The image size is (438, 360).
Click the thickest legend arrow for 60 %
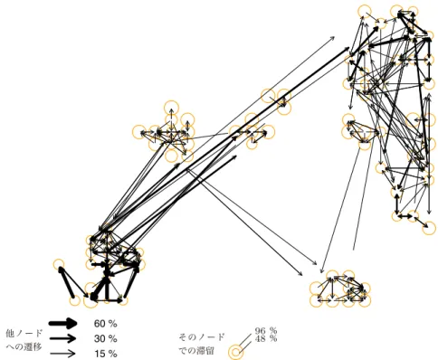(63, 324)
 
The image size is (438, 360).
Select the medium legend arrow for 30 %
(62, 338)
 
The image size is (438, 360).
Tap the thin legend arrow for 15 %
(62, 354)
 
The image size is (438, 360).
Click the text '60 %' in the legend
(105, 324)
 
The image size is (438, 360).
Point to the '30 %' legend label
(105, 338)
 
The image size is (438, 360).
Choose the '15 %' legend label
(105, 354)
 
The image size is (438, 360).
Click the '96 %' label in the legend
(266, 331)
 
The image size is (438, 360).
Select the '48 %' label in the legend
(266, 338)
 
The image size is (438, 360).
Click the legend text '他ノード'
(24, 333)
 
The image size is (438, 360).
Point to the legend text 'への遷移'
(24, 347)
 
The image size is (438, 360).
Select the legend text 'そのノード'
(202, 336)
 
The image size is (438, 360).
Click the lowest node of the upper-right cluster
(433, 228)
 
